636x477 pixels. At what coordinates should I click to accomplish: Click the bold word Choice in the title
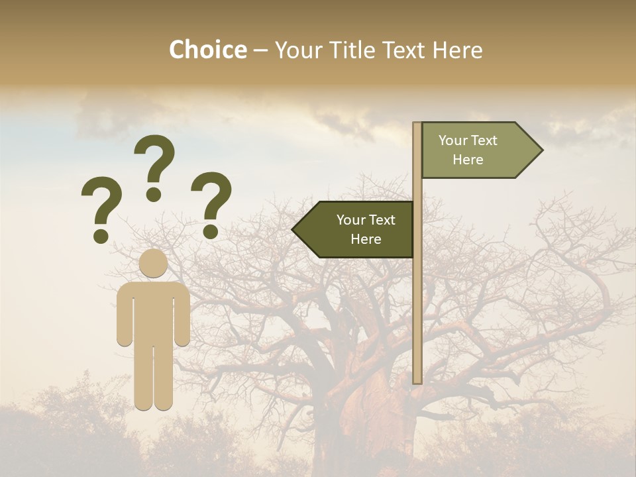[207, 50]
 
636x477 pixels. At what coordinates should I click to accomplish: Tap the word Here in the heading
[457, 50]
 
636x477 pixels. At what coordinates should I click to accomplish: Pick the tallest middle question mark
[154, 166]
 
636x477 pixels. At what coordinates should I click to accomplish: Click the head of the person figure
[154, 263]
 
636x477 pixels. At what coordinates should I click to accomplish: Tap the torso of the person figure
[154, 311]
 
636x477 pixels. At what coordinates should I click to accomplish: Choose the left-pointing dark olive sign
[358, 229]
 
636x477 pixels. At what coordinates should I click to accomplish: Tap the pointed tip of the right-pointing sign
[539, 150]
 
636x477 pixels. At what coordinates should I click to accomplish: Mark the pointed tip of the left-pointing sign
[295, 229]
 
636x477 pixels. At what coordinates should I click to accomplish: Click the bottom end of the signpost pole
[417, 380]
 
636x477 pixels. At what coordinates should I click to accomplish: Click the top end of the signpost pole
[417, 125]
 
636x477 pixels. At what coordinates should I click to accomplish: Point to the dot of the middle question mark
[154, 194]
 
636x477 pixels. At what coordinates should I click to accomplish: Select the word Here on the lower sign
[366, 239]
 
